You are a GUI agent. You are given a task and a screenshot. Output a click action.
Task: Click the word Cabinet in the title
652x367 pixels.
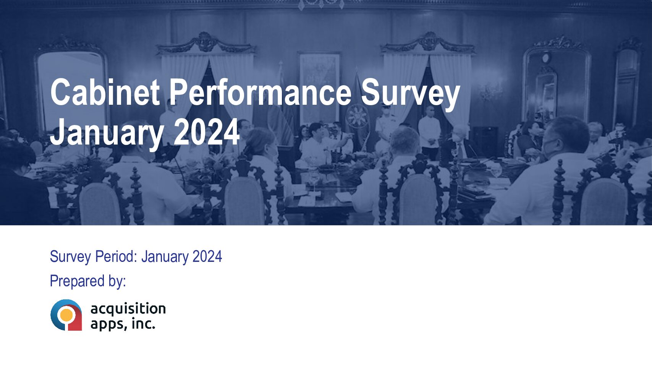[105, 93]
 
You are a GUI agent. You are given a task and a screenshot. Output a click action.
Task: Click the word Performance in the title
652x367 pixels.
[260, 93]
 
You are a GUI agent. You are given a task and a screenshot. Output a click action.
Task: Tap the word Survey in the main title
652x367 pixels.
[410, 96]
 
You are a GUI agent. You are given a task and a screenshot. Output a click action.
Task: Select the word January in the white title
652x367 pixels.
[107, 133]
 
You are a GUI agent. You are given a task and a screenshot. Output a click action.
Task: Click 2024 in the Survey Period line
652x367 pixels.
[207, 257]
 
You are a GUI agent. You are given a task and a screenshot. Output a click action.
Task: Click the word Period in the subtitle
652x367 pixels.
[116, 257]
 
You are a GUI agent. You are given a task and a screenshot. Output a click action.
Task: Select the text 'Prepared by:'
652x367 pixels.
[88, 281]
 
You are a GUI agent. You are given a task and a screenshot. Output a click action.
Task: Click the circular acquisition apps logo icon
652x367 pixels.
[66, 315]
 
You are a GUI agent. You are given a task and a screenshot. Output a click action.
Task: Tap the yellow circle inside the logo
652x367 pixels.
[66, 315]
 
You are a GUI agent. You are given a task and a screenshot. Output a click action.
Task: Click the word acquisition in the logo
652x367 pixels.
[128, 309]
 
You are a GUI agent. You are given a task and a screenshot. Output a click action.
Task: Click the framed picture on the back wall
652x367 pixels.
[320, 88]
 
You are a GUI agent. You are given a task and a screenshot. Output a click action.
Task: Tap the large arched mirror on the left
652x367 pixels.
[71, 88]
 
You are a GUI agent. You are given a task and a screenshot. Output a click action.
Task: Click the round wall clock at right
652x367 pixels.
[546, 58]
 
